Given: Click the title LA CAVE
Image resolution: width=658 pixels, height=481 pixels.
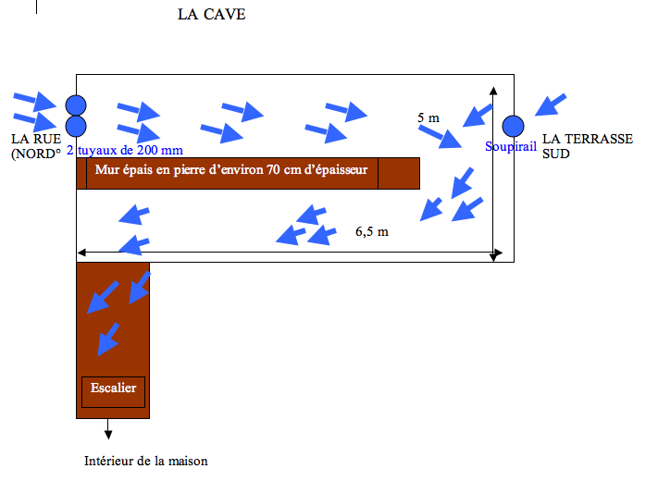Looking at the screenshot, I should click(x=211, y=15).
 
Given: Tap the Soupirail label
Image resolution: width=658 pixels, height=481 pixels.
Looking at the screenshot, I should click(x=510, y=146).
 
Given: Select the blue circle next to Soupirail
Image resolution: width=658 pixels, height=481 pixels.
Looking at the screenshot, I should click(x=513, y=125).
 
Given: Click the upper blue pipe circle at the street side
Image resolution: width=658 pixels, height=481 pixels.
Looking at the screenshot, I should click(x=76, y=105).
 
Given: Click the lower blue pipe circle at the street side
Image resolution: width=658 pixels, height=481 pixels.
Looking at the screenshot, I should click(x=76, y=125).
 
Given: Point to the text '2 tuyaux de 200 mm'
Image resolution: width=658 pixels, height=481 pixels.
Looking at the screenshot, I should click(x=125, y=150).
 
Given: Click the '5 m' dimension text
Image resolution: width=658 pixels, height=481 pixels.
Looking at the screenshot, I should click(x=428, y=117).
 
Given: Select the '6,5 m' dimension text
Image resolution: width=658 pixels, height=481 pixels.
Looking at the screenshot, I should click(x=371, y=231).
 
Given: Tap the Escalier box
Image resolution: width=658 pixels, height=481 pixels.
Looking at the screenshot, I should click(x=114, y=388).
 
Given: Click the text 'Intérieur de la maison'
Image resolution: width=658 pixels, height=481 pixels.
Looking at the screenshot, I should click(x=146, y=461).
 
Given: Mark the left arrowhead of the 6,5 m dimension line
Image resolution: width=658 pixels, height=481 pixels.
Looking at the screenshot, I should click(x=83, y=252).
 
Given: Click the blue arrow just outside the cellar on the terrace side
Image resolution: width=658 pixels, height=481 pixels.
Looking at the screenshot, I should click(x=553, y=105).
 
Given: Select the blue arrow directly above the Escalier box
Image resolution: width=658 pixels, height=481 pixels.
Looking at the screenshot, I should click(x=108, y=339).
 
